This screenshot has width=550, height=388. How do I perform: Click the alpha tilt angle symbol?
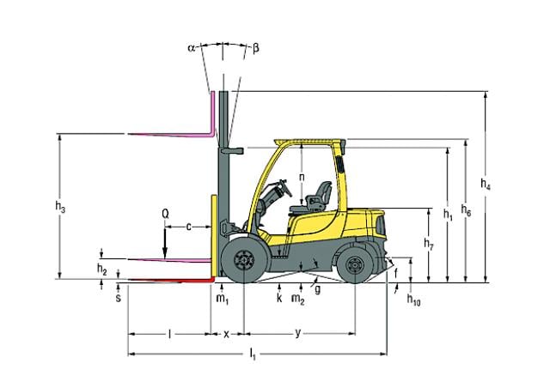[192, 49]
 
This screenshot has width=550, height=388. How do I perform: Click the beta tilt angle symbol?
[255, 48]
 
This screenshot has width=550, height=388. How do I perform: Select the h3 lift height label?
[59, 208]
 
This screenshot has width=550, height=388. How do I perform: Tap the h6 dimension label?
[466, 209]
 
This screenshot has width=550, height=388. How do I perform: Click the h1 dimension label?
[448, 214]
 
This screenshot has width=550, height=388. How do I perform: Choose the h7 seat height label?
[429, 244]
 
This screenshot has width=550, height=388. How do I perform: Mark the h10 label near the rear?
[413, 301]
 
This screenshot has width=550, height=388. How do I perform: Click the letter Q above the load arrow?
[164, 211]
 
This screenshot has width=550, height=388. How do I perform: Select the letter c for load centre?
[189, 226]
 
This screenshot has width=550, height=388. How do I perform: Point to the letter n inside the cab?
[302, 178]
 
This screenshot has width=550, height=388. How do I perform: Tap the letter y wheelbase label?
[297, 331]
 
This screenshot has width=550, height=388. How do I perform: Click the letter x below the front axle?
[227, 333]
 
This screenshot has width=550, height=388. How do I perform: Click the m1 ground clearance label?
[223, 299]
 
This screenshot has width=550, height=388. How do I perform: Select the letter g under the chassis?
[318, 291]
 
